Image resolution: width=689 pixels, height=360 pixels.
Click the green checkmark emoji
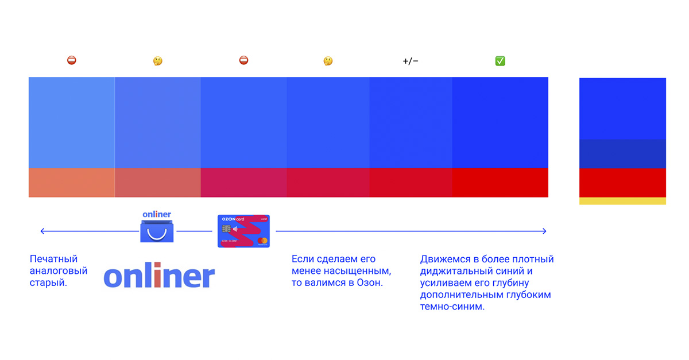tap(500, 61)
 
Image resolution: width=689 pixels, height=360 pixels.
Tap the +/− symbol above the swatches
tap(411, 61)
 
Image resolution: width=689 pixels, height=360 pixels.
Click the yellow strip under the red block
tap(622, 201)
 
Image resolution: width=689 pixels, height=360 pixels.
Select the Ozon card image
tap(243, 231)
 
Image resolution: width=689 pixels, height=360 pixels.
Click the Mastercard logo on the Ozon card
tap(262, 241)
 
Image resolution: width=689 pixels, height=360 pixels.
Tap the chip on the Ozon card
tap(226, 229)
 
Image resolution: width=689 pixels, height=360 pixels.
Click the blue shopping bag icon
tap(157, 231)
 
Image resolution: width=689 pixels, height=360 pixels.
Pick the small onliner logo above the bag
tap(157, 214)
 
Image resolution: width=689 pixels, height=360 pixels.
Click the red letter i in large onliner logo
tap(157, 274)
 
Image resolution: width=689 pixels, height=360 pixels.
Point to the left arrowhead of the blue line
tap(41, 231)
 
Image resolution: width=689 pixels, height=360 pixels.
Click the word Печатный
tap(53, 259)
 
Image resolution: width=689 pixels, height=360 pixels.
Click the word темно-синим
tap(452, 307)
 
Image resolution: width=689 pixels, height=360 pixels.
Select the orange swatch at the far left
tap(72, 183)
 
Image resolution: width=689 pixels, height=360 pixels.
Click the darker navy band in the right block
tap(622, 154)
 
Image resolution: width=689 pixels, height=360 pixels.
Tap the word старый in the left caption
tap(48, 282)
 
